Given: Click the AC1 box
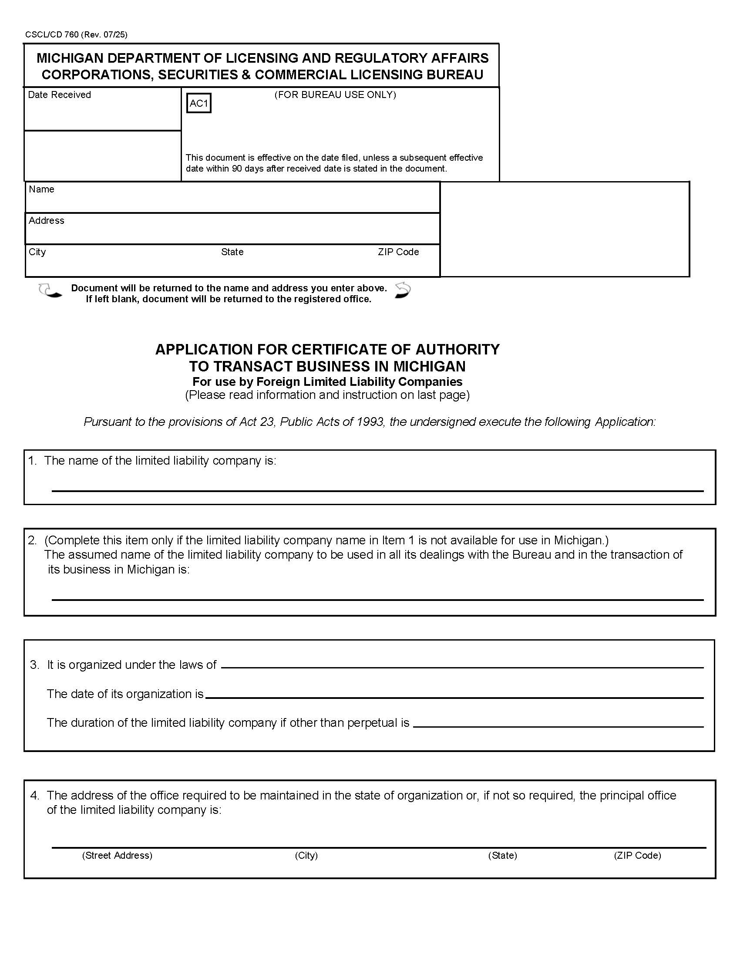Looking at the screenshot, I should tap(198, 103).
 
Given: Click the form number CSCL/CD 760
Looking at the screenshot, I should tap(52, 35).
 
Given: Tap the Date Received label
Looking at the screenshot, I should tap(59, 95).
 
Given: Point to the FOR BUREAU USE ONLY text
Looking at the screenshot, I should tap(335, 95).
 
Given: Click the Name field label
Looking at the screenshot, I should tap(41, 189).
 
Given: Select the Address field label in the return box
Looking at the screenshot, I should tap(47, 221).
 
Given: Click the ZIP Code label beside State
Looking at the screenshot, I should tap(398, 252).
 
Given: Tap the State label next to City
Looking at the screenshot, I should tap(232, 252).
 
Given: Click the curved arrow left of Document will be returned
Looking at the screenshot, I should tap(50, 291).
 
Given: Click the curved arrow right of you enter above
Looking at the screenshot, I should tap(403, 290).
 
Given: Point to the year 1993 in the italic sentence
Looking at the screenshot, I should tap(370, 422).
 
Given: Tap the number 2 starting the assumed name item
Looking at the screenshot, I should tap(32, 540).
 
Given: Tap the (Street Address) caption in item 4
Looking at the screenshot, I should tap(117, 855).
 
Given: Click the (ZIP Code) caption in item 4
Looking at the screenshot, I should tap(637, 855).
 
